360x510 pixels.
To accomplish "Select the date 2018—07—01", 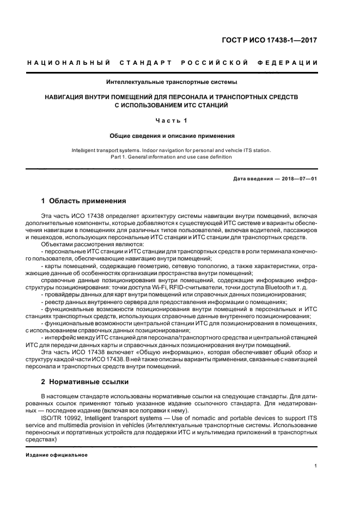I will point(299,179).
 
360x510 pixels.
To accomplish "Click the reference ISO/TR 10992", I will point(61,418).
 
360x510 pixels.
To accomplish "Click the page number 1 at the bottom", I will point(316,466).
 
